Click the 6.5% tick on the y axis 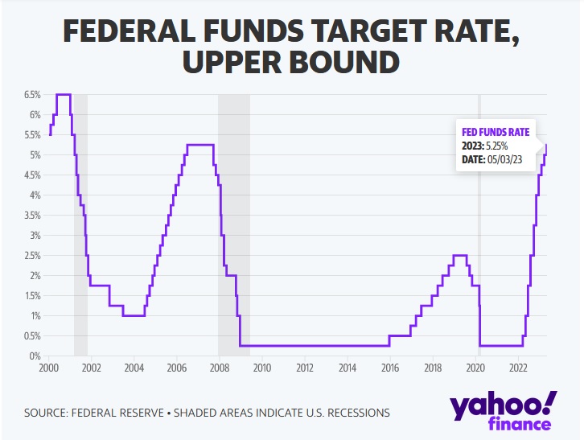point(31,95)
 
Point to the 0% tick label point(35,356)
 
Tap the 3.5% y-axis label point(31,216)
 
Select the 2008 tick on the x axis point(219,368)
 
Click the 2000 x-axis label point(48,368)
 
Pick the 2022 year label point(518,368)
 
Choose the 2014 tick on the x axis point(347,368)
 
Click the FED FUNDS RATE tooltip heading point(495,132)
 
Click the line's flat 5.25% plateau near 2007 point(200,145)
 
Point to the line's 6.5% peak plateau point(63,95)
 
